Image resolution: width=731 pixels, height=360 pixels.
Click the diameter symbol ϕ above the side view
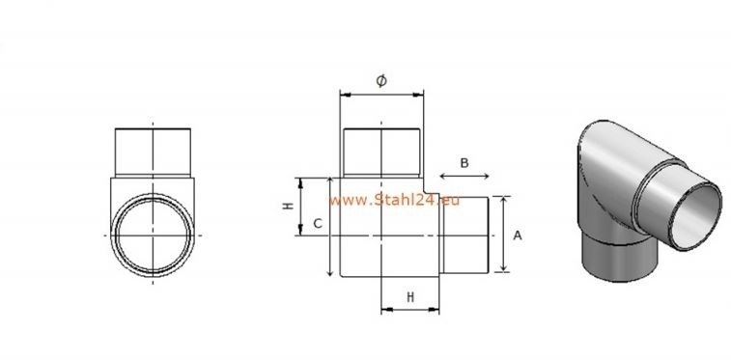tap(381, 81)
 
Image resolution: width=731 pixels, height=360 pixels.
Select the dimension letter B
tap(464, 163)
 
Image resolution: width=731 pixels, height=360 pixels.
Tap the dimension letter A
tap(517, 235)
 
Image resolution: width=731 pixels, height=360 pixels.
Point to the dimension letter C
tap(317, 224)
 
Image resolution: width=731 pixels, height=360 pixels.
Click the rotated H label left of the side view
tap(288, 208)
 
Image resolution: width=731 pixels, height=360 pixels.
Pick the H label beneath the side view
tap(410, 297)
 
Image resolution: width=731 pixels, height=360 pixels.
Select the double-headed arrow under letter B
tap(464, 177)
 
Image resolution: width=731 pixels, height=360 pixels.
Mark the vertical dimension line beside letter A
tap(501, 235)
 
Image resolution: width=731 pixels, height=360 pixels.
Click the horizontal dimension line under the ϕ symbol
tap(381, 95)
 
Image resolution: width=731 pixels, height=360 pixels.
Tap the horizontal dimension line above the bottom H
tap(410, 310)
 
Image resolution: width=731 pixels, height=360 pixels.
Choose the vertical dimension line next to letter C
tap(331, 228)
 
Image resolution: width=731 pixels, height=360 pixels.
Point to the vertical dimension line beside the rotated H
tap(302, 207)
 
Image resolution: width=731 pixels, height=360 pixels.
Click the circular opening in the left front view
tap(152, 235)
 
